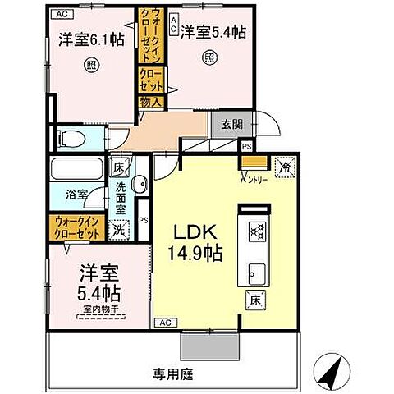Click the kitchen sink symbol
pos(254,271)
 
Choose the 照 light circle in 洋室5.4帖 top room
pos(209,57)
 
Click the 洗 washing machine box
pos(121,231)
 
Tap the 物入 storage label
pos(151,103)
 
